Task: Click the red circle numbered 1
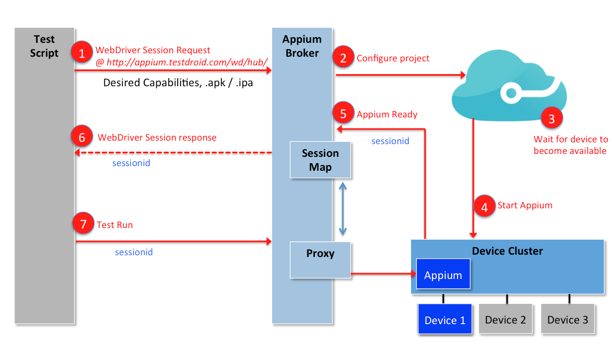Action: pos(82,54)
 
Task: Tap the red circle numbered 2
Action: pos(343,57)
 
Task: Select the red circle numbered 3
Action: pos(551,119)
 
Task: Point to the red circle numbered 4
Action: pos(484,205)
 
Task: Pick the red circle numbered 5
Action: pos(343,113)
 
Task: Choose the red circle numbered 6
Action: pos(82,137)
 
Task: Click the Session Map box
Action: pos(320,160)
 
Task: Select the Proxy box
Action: pos(320,260)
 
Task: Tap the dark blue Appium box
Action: pos(443,275)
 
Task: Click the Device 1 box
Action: pos(445,320)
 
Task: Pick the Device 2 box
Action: pos(505,320)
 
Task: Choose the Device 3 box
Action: pos(567,320)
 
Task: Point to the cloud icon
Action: pos(508,86)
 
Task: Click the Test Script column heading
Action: pos(45,46)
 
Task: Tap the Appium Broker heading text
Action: pos(302,46)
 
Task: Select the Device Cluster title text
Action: pos(507,251)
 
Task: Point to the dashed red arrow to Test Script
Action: pos(174,153)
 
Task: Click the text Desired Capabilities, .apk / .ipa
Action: pos(178,83)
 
